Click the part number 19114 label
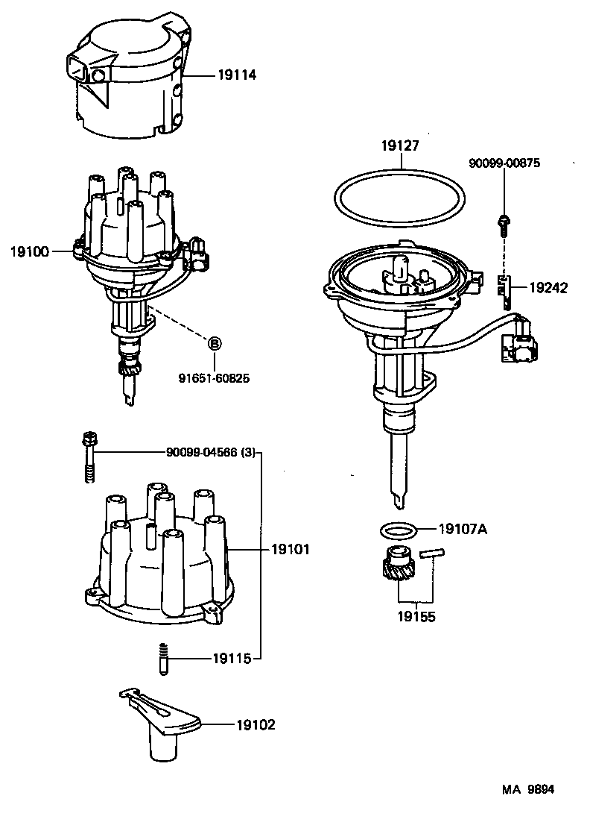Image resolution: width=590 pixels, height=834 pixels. click(237, 75)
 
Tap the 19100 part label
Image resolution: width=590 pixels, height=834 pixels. click(30, 252)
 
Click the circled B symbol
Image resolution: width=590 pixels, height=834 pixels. click(214, 344)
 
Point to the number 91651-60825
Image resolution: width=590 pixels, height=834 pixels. click(213, 379)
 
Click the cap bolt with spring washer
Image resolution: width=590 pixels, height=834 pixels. click(89, 456)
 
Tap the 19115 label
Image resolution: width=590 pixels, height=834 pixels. click(231, 658)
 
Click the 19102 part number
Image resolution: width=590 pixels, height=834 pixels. click(256, 724)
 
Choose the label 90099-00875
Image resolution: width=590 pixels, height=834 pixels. click(504, 163)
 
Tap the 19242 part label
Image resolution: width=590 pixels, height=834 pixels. click(548, 287)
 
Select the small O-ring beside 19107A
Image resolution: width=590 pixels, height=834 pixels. click(396, 531)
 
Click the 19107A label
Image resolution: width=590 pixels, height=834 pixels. click(463, 529)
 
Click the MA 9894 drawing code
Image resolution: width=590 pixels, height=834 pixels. click(527, 788)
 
